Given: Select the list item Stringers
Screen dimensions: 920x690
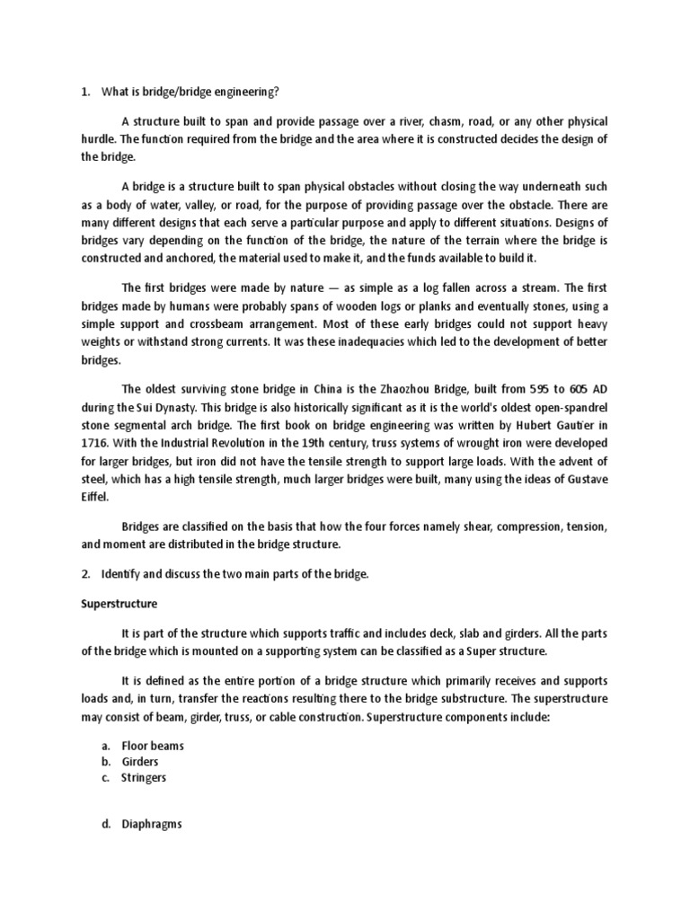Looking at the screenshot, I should click(x=144, y=777).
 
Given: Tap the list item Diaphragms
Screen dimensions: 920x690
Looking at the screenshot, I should click(x=152, y=823).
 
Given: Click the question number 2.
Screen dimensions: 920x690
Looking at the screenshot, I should click(x=85, y=573).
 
